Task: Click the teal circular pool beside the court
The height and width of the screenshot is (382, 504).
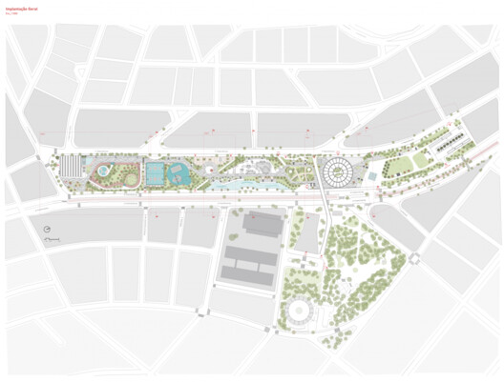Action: tap(177, 174)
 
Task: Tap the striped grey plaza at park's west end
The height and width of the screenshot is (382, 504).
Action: tap(73, 169)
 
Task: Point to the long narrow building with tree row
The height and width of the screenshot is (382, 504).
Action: tap(450, 146)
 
